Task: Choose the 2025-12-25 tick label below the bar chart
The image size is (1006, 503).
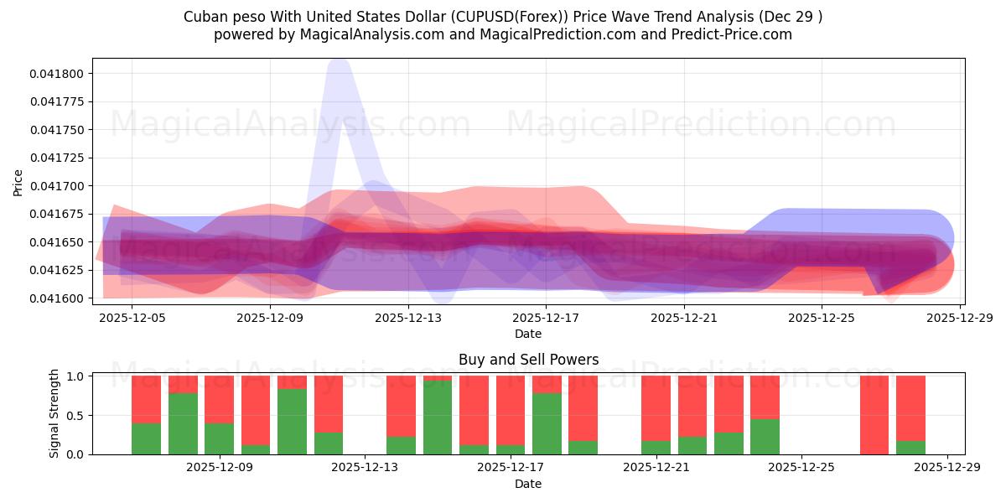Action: click(x=801, y=467)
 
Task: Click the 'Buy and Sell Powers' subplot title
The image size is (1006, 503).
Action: click(x=528, y=360)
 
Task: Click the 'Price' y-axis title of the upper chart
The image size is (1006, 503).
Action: click(x=18, y=182)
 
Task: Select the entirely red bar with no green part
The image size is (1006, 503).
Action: click(x=874, y=415)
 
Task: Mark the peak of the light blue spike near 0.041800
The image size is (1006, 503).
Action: click(x=338, y=62)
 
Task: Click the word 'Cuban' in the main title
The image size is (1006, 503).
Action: click(x=204, y=17)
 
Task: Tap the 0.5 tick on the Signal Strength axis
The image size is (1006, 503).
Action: click(x=74, y=415)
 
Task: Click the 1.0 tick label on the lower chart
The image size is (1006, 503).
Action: click(x=74, y=376)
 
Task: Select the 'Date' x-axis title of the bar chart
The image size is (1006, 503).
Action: click(x=528, y=484)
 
